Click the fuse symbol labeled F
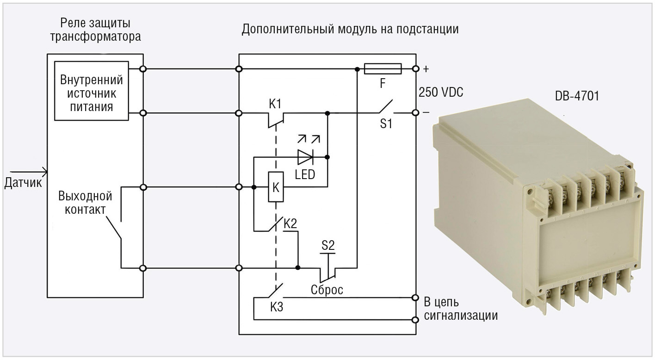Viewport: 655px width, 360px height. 383,69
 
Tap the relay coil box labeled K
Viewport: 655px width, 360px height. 276,187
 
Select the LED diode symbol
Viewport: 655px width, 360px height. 305,157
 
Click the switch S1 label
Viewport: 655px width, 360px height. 386,124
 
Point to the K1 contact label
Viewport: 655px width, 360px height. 275,104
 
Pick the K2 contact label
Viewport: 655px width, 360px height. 290,224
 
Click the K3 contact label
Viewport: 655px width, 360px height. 277,307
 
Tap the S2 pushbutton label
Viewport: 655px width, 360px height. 328,245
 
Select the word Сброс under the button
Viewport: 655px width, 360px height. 327,290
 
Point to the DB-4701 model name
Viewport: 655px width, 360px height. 577,97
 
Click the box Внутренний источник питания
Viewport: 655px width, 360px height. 92,91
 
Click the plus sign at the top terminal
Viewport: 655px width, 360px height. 426,69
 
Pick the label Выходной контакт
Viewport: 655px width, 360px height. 85,202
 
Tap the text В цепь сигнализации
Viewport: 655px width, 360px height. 461,309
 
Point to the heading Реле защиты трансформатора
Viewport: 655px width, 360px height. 95,30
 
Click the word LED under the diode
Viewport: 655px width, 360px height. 305,175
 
